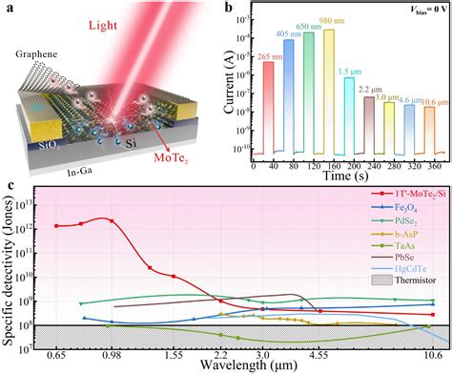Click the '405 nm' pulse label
click(x=287, y=35)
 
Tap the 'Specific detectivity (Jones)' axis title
click(x=10, y=273)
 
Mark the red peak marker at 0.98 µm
click(x=113, y=220)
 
